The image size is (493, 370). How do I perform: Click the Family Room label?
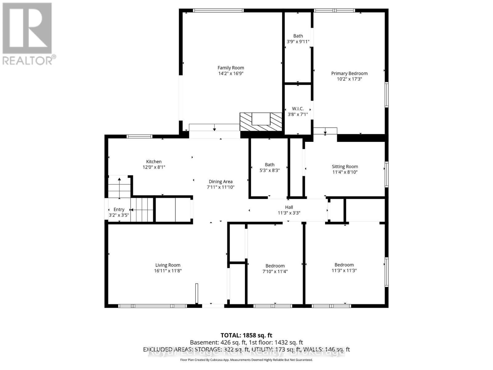(x=230, y=68)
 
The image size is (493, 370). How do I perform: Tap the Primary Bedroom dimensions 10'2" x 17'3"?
(x=349, y=79)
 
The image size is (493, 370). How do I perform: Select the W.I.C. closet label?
(x=298, y=109)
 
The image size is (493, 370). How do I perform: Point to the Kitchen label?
(x=154, y=162)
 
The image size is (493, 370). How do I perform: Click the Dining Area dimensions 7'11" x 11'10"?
(x=220, y=187)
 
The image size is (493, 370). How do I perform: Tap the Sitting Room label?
(x=345, y=166)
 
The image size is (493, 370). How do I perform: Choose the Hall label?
(x=289, y=207)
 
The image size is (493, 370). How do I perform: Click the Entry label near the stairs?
(x=119, y=209)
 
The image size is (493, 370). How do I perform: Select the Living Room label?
(x=168, y=265)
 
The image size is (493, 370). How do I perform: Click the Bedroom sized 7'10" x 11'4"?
(x=275, y=269)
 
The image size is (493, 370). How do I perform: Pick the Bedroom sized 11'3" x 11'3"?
(x=344, y=268)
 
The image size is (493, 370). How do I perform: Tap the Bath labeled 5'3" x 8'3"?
(x=269, y=167)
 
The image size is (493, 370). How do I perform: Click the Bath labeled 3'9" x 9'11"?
(x=298, y=39)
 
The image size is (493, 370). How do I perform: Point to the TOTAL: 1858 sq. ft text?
(x=246, y=335)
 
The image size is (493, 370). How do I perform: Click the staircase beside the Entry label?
(x=142, y=210)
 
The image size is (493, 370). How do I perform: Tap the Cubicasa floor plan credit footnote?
(x=246, y=360)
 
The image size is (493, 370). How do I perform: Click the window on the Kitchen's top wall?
(x=140, y=137)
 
